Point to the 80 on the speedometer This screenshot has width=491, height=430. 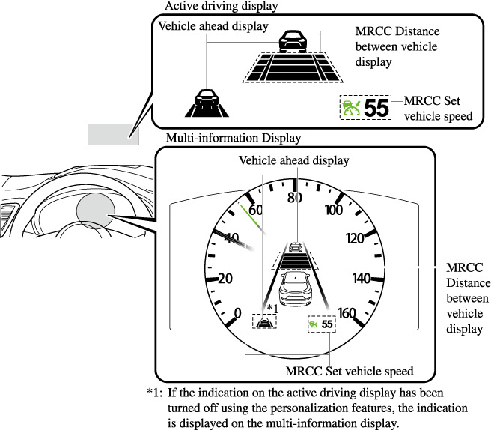(x=294, y=199)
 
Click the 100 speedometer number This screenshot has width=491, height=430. (x=334, y=210)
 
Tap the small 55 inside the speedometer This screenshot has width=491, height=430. (x=327, y=324)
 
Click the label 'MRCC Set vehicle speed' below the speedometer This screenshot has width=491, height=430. (x=350, y=370)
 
